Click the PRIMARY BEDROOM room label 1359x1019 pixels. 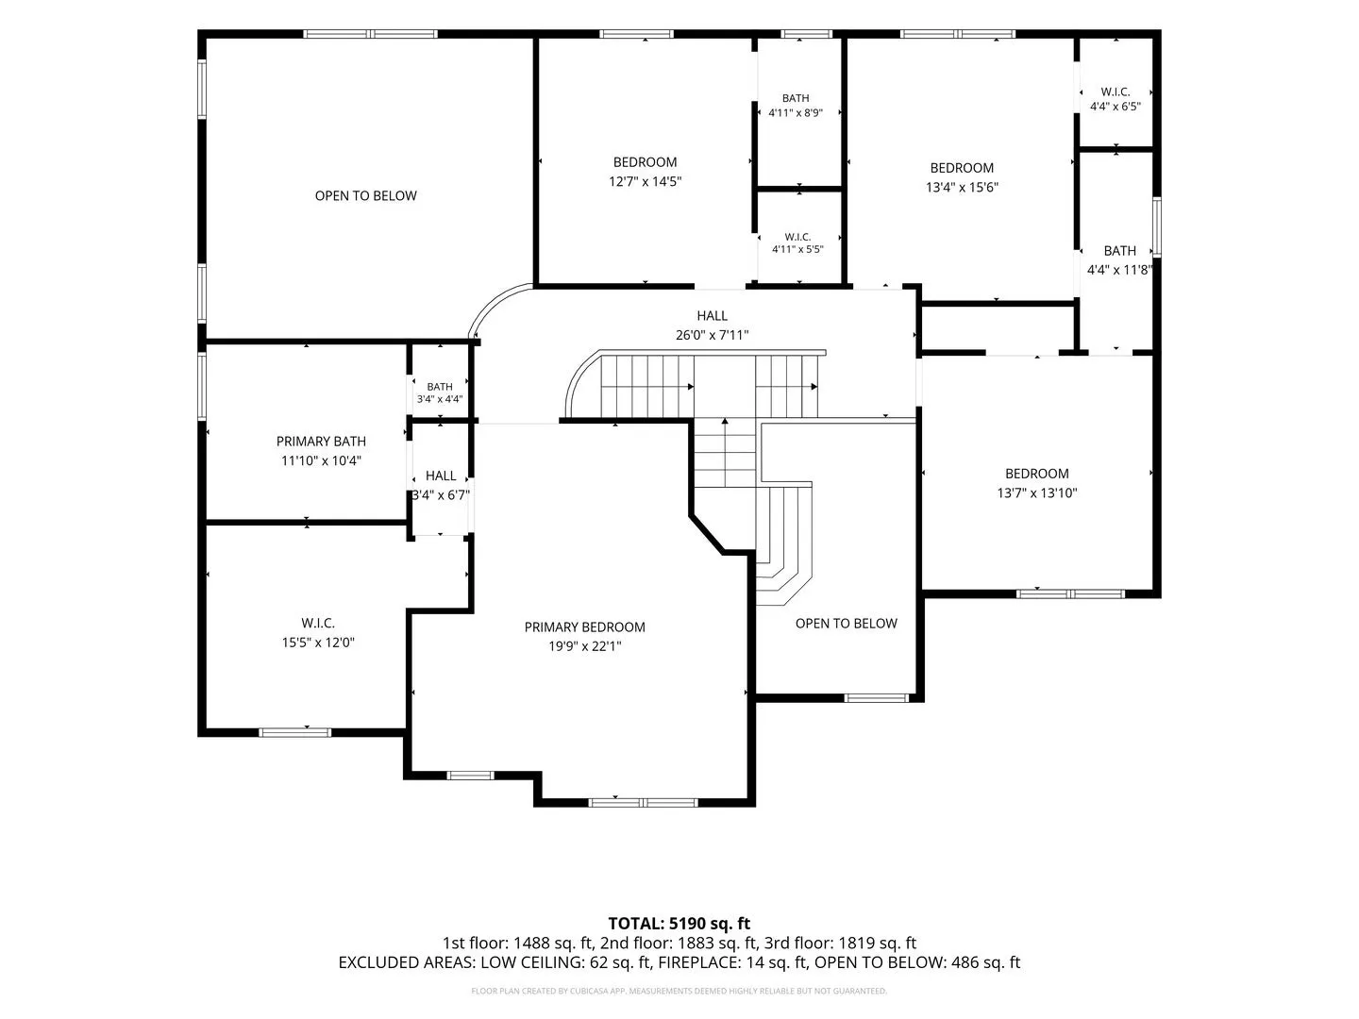(x=584, y=626)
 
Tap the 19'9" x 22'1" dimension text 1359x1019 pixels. (x=584, y=646)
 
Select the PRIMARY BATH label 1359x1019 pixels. (x=321, y=442)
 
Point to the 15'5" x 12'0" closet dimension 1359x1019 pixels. (x=318, y=643)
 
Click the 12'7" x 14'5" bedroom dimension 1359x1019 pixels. (x=645, y=181)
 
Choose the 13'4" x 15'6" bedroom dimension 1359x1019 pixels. (x=962, y=187)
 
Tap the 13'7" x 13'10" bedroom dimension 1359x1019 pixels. (x=1036, y=493)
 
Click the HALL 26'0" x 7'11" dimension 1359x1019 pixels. (x=712, y=335)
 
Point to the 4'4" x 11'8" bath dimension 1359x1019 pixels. (x=1119, y=270)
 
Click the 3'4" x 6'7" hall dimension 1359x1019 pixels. (x=441, y=495)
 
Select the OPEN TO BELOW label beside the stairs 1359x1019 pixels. (x=846, y=623)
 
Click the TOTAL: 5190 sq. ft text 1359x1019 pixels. (x=679, y=923)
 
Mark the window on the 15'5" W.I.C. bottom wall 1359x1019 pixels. (x=294, y=732)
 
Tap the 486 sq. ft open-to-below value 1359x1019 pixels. (x=985, y=962)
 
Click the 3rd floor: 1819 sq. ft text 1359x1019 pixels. (x=840, y=943)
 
